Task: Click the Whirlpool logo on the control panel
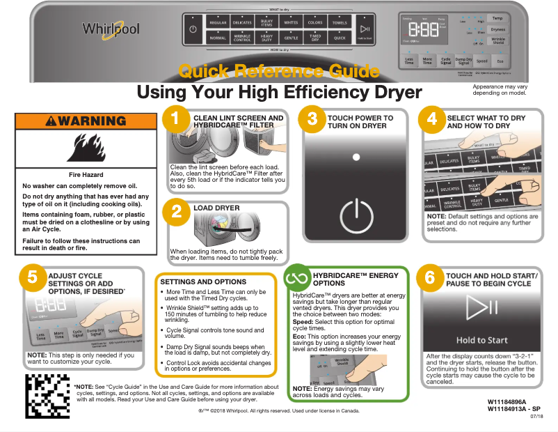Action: tap(111, 29)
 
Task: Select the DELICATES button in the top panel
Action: tap(242, 23)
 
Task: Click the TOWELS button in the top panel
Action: tap(339, 23)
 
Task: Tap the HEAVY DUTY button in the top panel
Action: tap(266, 38)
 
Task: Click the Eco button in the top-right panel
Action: tap(500, 61)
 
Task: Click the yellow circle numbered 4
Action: tap(432, 119)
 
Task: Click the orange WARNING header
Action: tap(87, 121)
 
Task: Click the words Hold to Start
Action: tap(481, 340)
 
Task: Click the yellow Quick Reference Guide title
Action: tap(278, 71)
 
